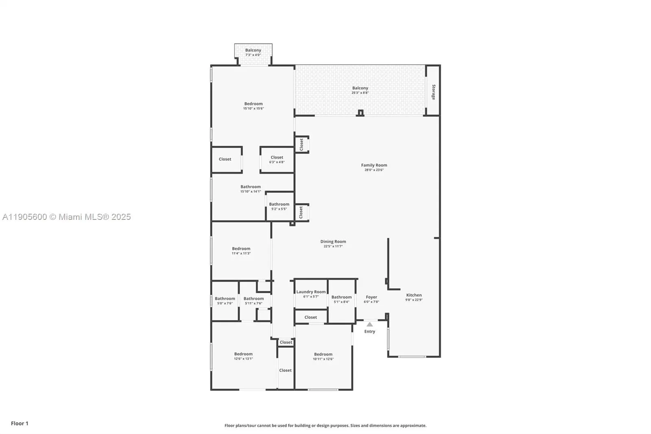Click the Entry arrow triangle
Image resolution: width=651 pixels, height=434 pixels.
pyautogui.click(x=369, y=324)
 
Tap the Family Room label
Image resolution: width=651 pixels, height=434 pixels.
pyautogui.click(x=374, y=165)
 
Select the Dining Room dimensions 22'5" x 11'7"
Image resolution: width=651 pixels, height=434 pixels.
pyautogui.click(x=333, y=246)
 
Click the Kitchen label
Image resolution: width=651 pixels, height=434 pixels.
pyautogui.click(x=414, y=295)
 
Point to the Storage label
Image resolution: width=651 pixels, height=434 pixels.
pyautogui.click(x=433, y=92)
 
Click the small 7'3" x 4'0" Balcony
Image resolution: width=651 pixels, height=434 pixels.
pyautogui.click(x=253, y=53)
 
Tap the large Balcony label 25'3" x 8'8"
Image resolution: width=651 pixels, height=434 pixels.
pyautogui.click(x=360, y=88)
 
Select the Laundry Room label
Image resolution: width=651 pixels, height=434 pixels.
pyautogui.click(x=311, y=292)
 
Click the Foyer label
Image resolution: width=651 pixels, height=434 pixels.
pyautogui.click(x=371, y=297)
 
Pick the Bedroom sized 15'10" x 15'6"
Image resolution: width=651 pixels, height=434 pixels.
pyautogui.click(x=253, y=106)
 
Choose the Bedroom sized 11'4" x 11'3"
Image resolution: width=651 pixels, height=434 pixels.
pyautogui.click(x=241, y=251)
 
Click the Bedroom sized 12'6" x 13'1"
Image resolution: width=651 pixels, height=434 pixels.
pyautogui.click(x=243, y=356)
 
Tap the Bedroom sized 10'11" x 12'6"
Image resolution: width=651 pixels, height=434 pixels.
pyautogui.click(x=323, y=357)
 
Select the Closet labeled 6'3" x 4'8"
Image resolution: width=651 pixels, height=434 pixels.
pyautogui.click(x=277, y=160)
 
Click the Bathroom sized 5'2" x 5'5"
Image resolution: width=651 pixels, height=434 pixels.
pyautogui.click(x=279, y=206)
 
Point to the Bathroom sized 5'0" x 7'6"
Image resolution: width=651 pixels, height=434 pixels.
pyautogui.click(x=225, y=300)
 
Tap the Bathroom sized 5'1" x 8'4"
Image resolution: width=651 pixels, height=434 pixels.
pyautogui.click(x=341, y=299)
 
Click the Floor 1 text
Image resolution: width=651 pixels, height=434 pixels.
pyautogui.click(x=20, y=423)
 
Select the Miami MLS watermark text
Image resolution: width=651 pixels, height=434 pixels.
pyautogui.click(x=66, y=217)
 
